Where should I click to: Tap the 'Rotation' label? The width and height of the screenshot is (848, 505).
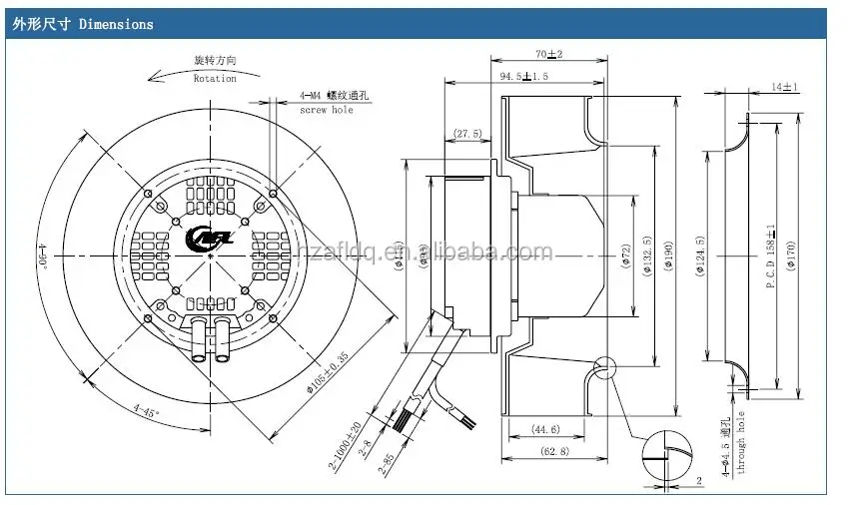point(215,78)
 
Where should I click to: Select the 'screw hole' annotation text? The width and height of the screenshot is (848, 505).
point(328,110)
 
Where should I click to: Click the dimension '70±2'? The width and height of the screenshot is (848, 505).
point(547,53)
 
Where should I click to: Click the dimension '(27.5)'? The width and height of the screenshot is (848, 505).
point(467,133)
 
